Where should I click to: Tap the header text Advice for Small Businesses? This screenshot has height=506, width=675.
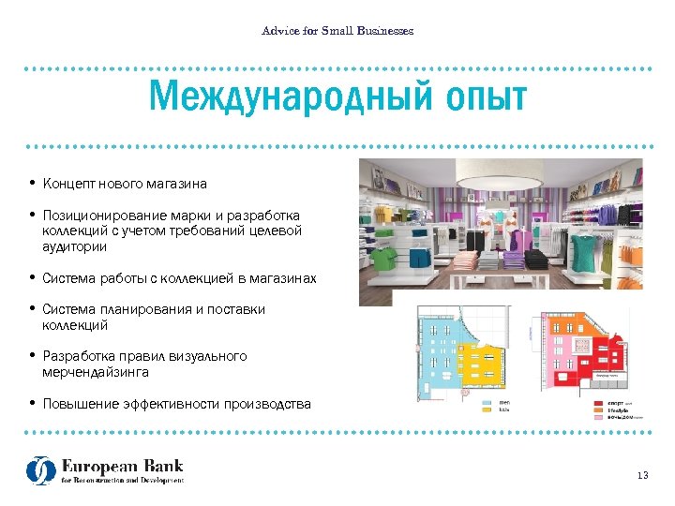click(337, 31)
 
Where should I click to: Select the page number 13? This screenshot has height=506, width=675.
click(642, 476)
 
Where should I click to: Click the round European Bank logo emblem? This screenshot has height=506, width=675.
click(40, 470)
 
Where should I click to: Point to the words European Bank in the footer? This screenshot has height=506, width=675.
click(122, 466)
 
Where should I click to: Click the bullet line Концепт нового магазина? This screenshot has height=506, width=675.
click(125, 184)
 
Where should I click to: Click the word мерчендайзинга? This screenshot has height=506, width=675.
click(96, 372)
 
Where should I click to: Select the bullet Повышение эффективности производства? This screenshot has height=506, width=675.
click(176, 404)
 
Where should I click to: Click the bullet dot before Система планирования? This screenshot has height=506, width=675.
click(32, 309)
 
